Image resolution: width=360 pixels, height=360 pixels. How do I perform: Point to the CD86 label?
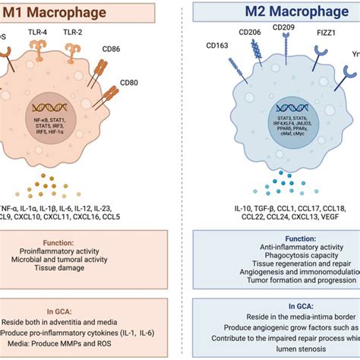pyautogui.click(x=114, y=52)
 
